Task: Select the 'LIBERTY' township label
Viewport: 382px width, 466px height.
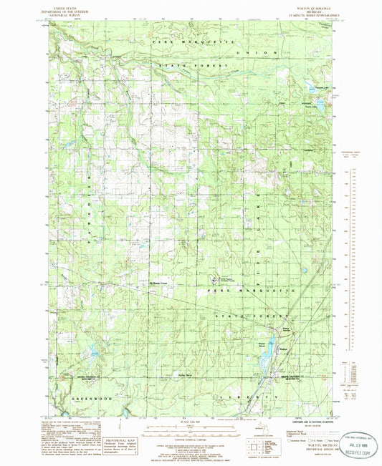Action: tap(256, 395)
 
